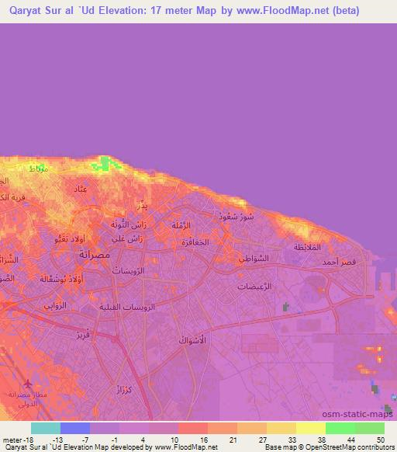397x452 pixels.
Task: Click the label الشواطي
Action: (252, 258)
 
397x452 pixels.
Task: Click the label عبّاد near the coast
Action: (80, 189)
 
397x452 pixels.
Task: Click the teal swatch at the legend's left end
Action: (45, 428)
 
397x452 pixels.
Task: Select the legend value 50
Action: (379, 440)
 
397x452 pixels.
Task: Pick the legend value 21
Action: (233, 440)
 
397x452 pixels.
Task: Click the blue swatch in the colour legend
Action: (74, 428)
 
